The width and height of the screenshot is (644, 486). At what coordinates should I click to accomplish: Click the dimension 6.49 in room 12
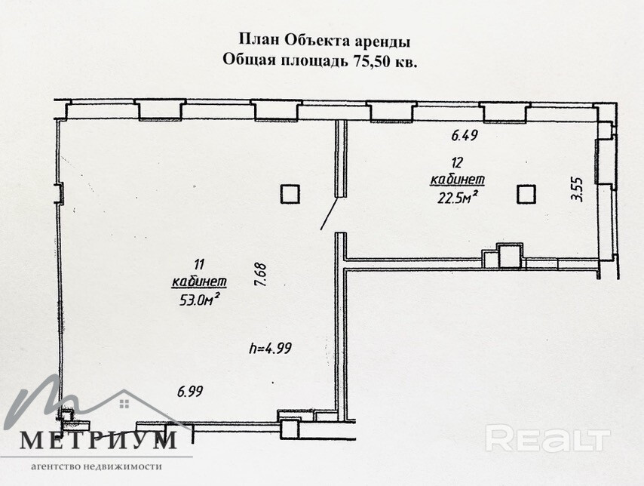465,137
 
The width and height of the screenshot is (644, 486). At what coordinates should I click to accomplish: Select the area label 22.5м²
456,197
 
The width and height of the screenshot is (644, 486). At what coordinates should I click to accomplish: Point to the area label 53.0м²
199,299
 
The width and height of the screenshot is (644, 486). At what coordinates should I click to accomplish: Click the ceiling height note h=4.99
270,348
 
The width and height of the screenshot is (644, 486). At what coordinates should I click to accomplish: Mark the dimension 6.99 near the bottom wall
189,392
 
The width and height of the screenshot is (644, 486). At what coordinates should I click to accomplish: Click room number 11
199,264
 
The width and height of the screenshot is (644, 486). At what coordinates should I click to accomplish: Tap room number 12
457,162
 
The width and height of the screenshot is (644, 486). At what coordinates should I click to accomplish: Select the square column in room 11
290,195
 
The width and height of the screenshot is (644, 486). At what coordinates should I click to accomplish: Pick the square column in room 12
526,194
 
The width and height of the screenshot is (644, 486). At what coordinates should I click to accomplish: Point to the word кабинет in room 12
456,180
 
